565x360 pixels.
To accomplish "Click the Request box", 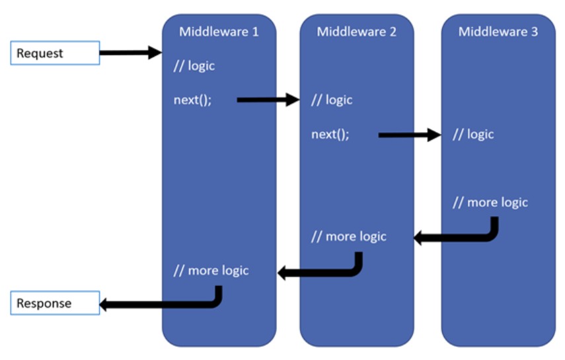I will click(54, 54).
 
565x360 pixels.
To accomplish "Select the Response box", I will click(54, 304).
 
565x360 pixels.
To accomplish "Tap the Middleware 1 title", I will click(219, 32).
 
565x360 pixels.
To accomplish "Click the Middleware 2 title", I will click(356, 32).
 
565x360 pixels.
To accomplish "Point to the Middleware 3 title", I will click(498, 32).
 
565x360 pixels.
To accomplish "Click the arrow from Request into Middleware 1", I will click(130, 53).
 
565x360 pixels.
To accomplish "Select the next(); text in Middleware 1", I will click(193, 100).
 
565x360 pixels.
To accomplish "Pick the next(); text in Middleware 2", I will click(330, 135).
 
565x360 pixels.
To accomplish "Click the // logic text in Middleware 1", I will click(194, 66).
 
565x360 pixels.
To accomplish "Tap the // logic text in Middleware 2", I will click(332, 100).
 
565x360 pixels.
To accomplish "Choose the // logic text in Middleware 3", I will click(473, 135).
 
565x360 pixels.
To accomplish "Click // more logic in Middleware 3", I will click(490, 202).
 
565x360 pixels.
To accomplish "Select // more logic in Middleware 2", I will click(349, 236).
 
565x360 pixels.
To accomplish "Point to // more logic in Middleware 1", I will click(211, 270).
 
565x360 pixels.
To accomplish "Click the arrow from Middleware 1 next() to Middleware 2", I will click(268, 100).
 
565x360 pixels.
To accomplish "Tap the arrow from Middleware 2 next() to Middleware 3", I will click(409, 135).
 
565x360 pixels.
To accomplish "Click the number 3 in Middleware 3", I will click(535, 32).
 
